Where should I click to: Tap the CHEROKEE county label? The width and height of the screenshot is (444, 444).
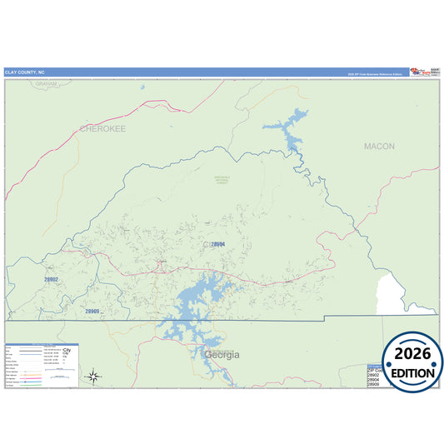(x=102, y=129)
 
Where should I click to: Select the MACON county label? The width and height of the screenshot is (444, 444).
(x=379, y=147)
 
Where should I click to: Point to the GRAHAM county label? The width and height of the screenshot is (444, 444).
(x=47, y=84)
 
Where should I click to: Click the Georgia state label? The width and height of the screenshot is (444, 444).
(x=222, y=355)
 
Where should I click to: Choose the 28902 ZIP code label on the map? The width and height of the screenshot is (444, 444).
(x=52, y=280)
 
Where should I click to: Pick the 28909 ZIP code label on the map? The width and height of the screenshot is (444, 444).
(x=92, y=311)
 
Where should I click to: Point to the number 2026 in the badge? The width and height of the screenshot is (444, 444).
(x=412, y=354)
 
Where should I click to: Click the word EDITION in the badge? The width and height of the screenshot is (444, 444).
(x=412, y=373)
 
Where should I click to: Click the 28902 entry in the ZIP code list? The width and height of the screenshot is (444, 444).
(x=374, y=376)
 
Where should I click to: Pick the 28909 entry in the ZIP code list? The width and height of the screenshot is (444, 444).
(x=374, y=386)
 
